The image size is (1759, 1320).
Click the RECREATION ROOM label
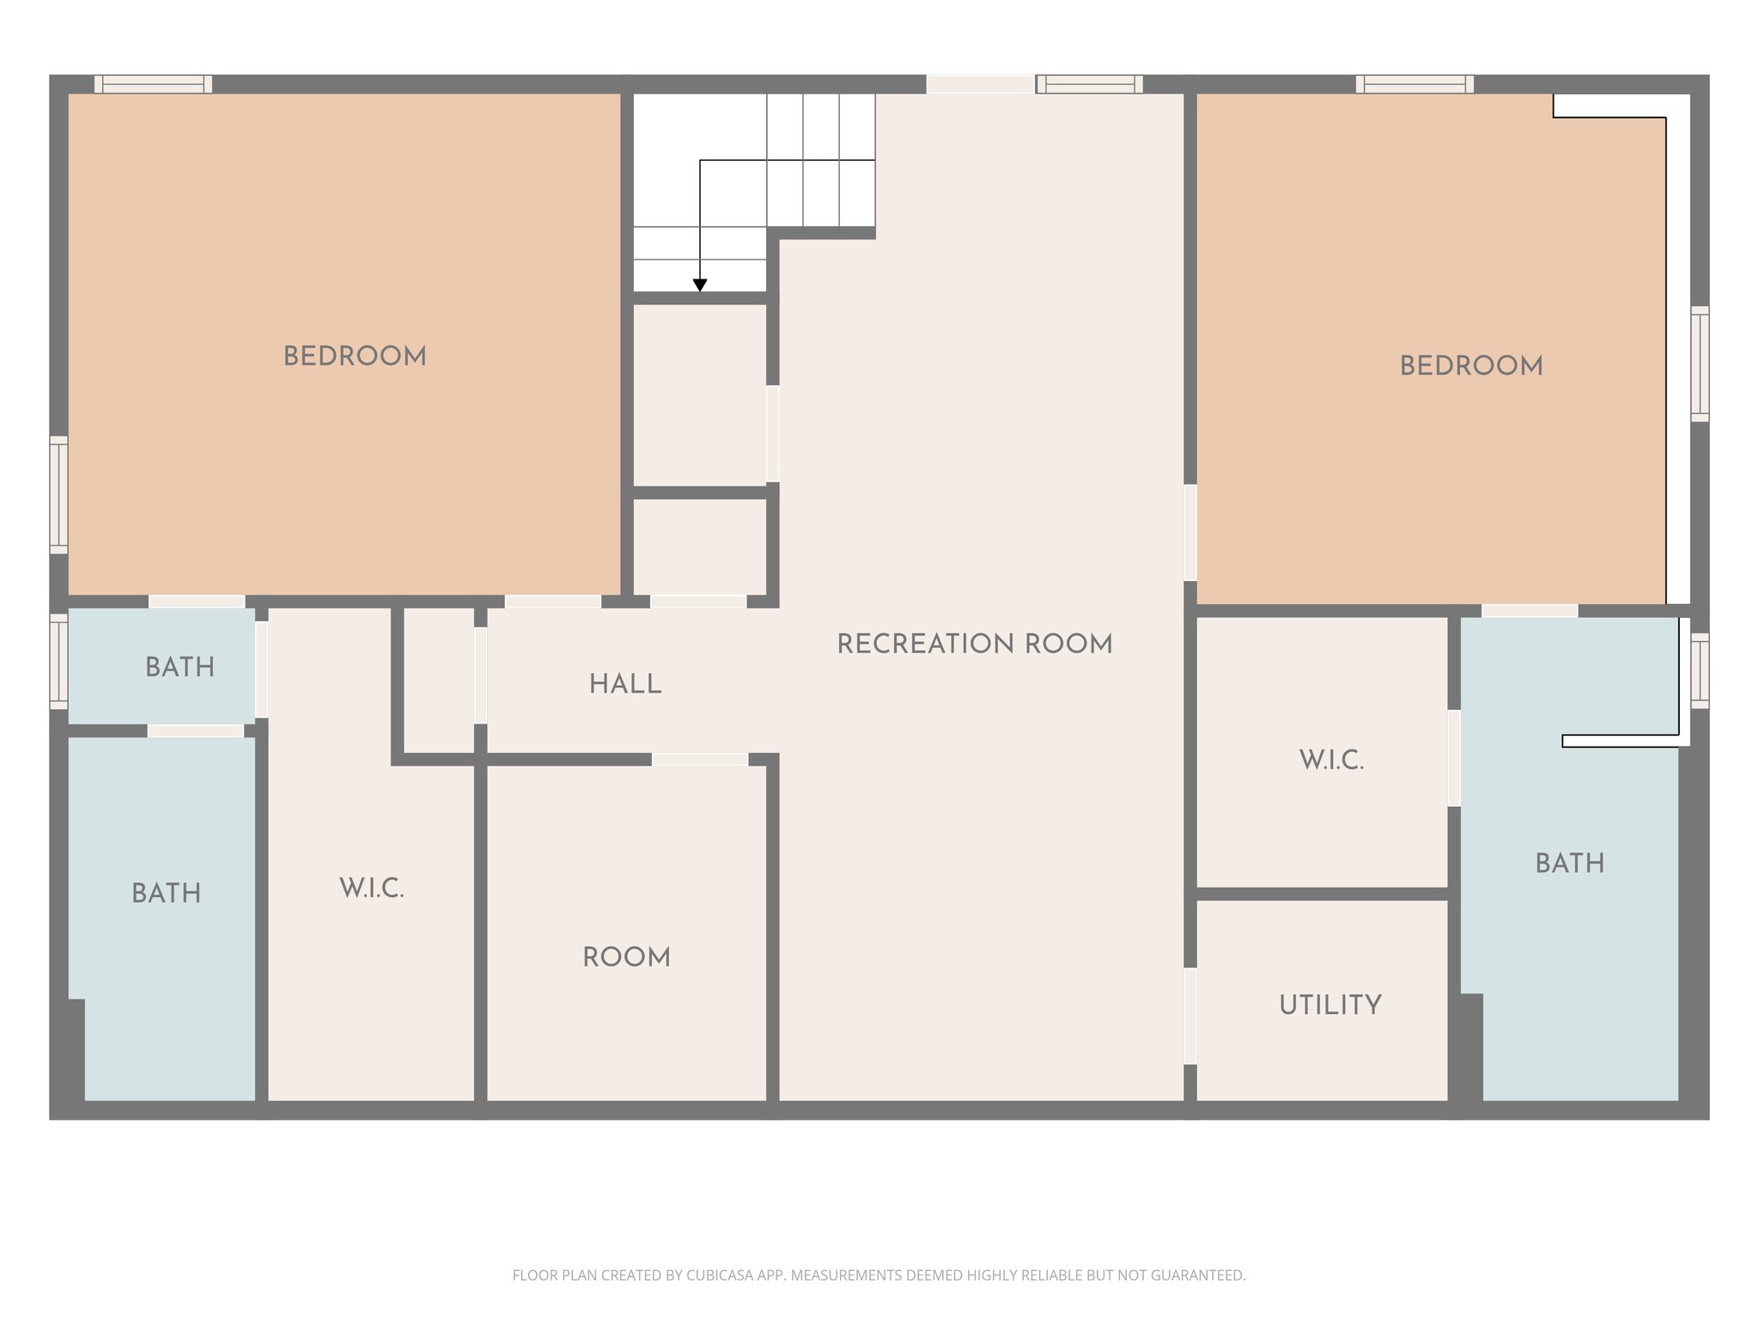pyautogui.click(x=974, y=644)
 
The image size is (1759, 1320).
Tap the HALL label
pyautogui.click(x=625, y=684)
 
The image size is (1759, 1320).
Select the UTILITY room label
pyautogui.click(x=1330, y=1005)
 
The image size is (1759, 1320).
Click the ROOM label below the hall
pyautogui.click(x=626, y=956)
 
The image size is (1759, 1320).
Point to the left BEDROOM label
pyautogui.click(x=355, y=357)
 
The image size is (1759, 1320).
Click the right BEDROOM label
pyautogui.click(x=1471, y=366)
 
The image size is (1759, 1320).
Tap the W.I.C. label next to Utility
pyautogui.click(x=1331, y=760)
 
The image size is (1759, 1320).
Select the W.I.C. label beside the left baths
pyautogui.click(x=371, y=888)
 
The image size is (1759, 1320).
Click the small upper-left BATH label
pyautogui.click(x=180, y=667)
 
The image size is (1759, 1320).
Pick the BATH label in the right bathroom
pyautogui.click(x=1569, y=863)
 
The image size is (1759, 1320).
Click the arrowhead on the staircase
pyautogui.click(x=700, y=285)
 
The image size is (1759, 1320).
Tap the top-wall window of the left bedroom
pyautogui.click(x=153, y=84)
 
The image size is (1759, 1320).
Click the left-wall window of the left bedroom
pyautogui.click(x=58, y=494)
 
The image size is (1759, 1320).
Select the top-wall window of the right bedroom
pyautogui.click(x=1414, y=84)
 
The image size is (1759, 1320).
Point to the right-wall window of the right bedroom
pyautogui.click(x=1699, y=364)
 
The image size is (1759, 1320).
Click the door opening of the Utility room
pyautogui.click(x=1190, y=1016)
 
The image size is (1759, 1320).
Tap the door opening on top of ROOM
pyautogui.click(x=699, y=759)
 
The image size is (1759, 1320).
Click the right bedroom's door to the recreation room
pyautogui.click(x=1190, y=533)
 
